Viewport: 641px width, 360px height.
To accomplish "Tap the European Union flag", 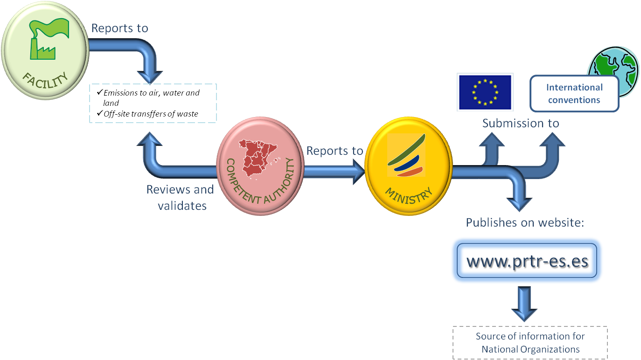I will pyautogui.click(x=485, y=91).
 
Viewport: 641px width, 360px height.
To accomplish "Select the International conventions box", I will pyautogui.click(x=574, y=93).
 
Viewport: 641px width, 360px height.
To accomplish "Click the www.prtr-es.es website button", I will pyautogui.click(x=527, y=261).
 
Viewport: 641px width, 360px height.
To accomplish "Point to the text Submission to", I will pyautogui.click(x=521, y=123).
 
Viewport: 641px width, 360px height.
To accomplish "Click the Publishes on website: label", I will pyautogui.click(x=525, y=222).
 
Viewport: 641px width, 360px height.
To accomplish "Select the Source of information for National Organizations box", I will pyautogui.click(x=530, y=343).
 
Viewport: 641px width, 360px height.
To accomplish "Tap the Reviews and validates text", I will pyautogui.click(x=181, y=197).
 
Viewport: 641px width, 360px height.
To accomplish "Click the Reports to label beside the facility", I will pyautogui.click(x=119, y=28).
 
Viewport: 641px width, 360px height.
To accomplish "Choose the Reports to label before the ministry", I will pyautogui.click(x=334, y=151).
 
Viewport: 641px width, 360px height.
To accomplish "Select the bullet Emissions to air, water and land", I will pyautogui.click(x=150, y=97).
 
